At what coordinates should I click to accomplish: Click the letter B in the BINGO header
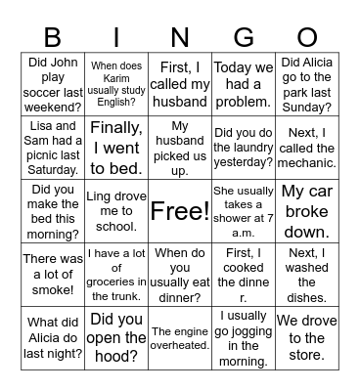[x=54, y=37]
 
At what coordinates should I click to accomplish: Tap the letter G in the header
[x=243, y=37]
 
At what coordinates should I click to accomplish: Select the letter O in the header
[x=306, y=37]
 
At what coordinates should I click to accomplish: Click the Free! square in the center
[x=180, y=211]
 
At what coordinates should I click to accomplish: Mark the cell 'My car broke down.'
[x=306, y=211]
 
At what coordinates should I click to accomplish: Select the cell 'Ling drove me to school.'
[x=116, y=211]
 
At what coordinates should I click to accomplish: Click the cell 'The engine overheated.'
[x=180, y=338]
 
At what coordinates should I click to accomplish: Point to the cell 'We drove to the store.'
[x=306, y=338]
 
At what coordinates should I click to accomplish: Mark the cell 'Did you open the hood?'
[x=116, y=338]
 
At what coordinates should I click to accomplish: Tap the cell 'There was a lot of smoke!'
[x=54, y=275]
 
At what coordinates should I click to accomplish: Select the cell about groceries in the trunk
[x=116, y=275]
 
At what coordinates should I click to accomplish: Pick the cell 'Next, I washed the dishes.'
[x=306, y=275]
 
